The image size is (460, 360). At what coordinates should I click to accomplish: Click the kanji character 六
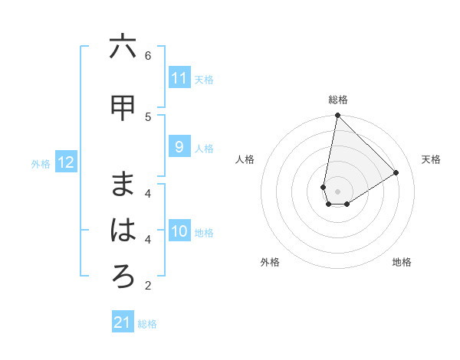pyautogui.click(x=123, y=48)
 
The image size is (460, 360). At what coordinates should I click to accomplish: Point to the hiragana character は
pyautogui.click(x=123, y=231)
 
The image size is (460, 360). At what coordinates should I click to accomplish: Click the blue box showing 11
pyautogui.click(x=179, y=78)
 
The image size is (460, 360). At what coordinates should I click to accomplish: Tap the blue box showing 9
pyautogui.click(x=179, y=147)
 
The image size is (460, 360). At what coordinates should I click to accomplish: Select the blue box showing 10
pyautogui.click(x=179, y=231)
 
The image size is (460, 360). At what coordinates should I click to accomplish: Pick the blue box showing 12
pyautogui.click(x=66, y=162)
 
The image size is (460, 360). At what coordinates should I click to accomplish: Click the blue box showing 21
pyautogui.click(x=123, y=322)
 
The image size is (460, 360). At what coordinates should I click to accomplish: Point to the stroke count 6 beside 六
pyautogui.click(x=148, y=55)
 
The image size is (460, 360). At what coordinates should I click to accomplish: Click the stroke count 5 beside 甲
pyautogui.click(x=148, y=116)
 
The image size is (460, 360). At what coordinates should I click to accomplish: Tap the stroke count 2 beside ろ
pyautogui.click(x=148, y=286)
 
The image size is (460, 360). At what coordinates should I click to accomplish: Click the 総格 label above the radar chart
pyautogui.click(x=338, y=100)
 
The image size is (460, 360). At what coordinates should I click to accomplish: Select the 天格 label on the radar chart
pyautogui.click(x=431, y=159)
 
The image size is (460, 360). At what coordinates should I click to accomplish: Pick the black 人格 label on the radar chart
pyautogui.click(x=245, y=159)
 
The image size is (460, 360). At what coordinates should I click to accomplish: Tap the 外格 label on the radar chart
pyautogui.click(x=270, y=262)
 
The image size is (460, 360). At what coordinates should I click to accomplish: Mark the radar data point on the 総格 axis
pyautogui.click(x=337, y=116)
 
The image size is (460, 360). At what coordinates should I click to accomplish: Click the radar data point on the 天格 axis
pyautogui.click(x=396, y=172)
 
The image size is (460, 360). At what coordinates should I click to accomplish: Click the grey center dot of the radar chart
pyautogui.click(x=337, y=191)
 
